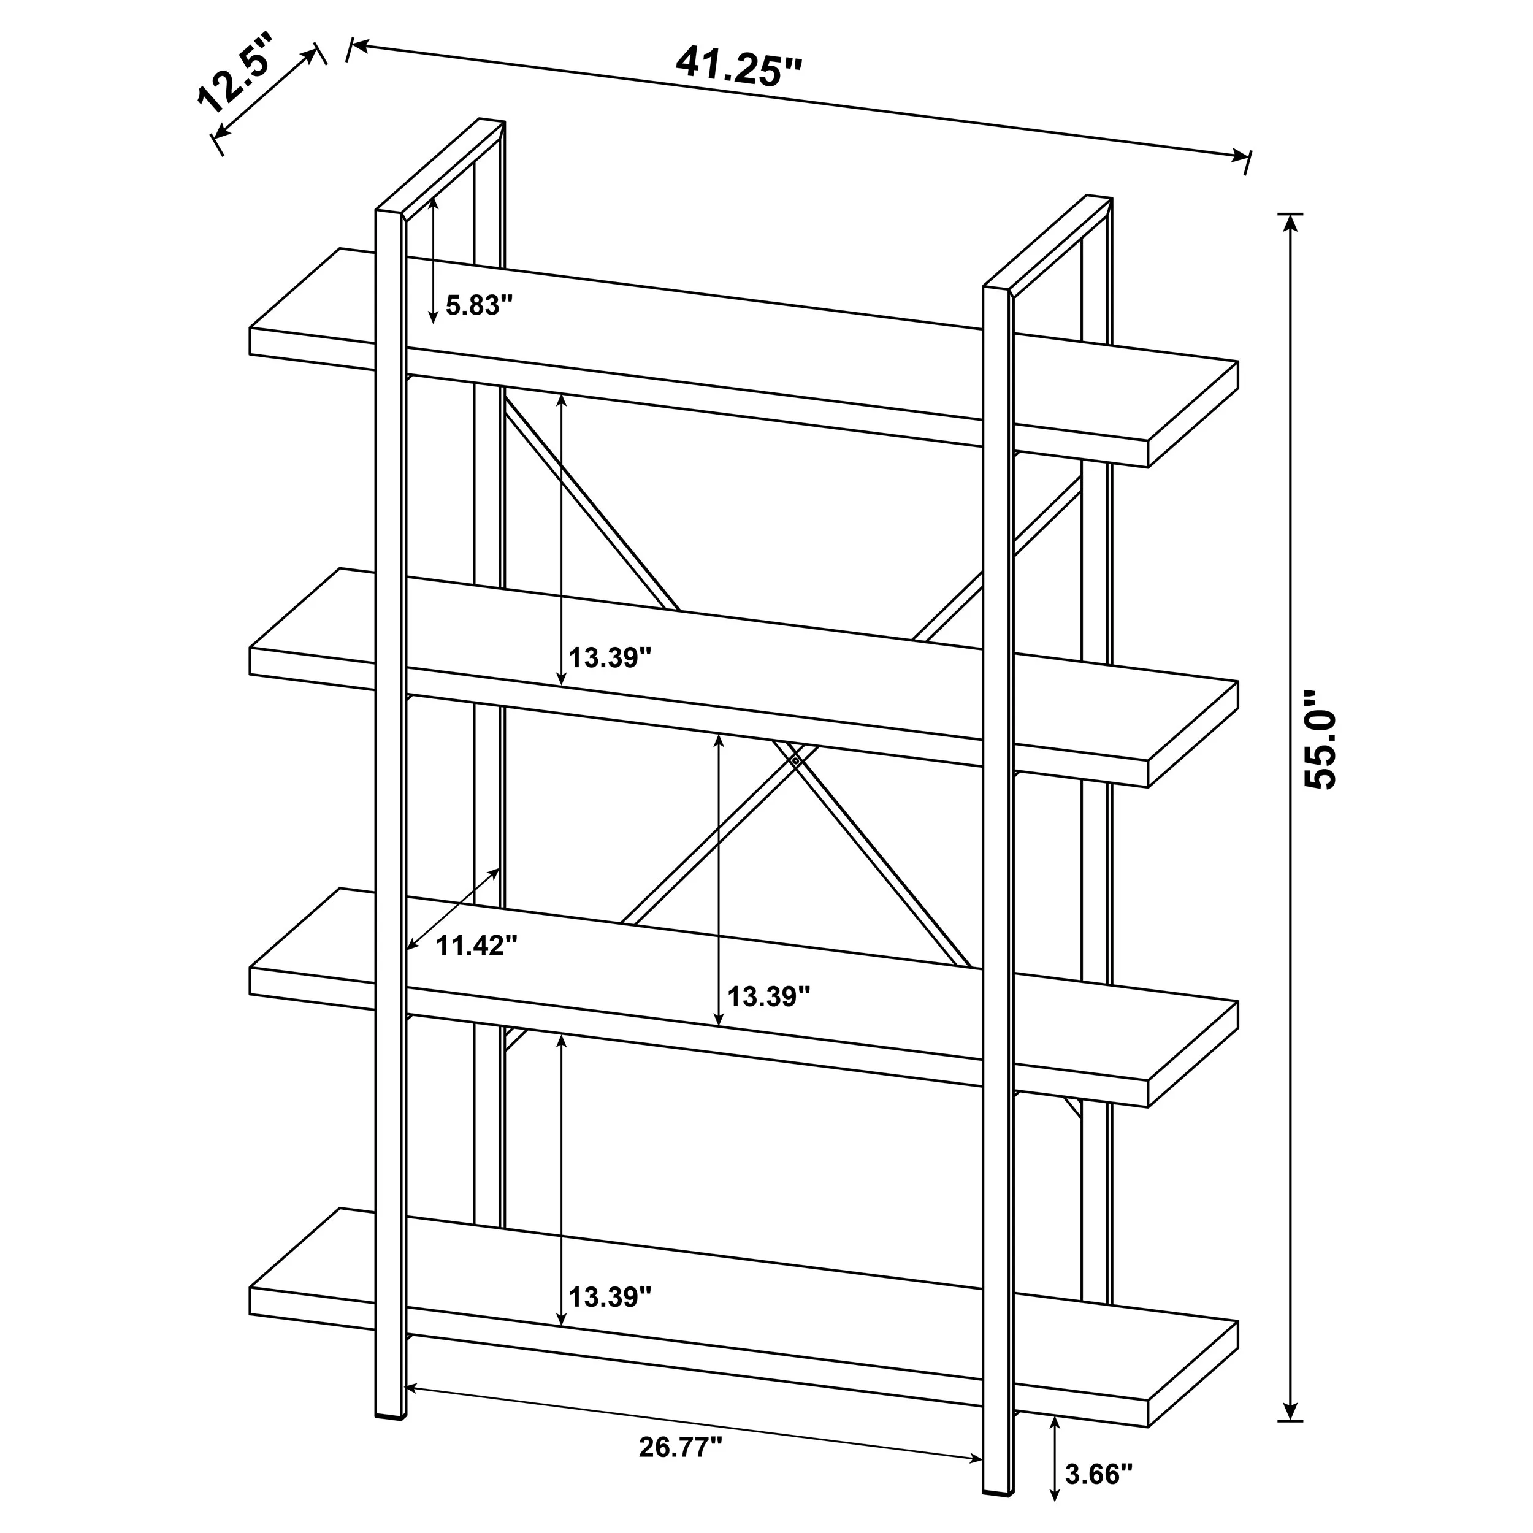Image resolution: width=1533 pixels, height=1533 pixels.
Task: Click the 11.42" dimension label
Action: [x=477, y=945]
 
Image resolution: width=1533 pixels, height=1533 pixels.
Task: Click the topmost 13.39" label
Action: [x=610, y=657]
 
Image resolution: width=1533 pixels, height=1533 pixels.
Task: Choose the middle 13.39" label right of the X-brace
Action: [x=769, y=996]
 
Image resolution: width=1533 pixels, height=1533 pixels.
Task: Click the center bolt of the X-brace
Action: [x=795, y=760]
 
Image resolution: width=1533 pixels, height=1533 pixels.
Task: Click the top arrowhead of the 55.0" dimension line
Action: [x=1291, y=224]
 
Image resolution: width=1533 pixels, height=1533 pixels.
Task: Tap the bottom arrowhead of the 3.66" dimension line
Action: [x=1055, y=1516]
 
